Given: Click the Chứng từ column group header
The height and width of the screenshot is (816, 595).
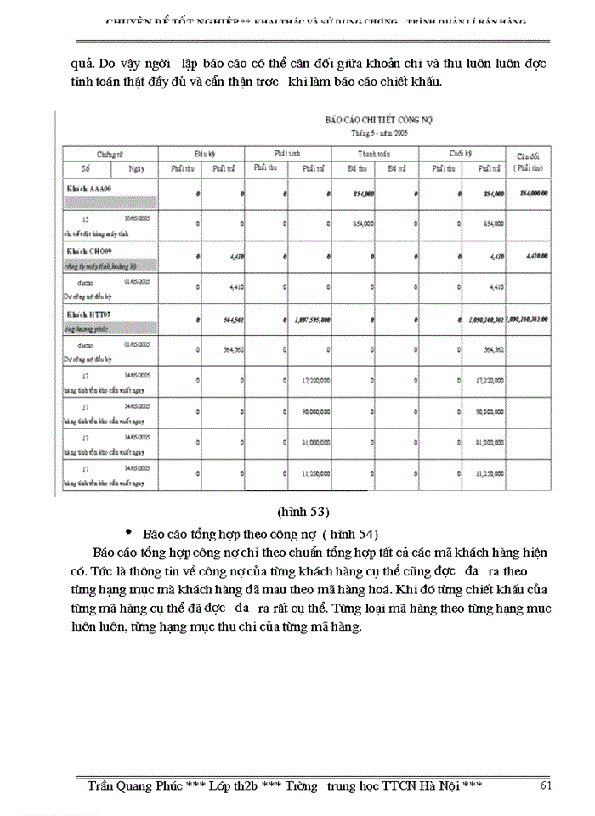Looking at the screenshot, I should [110, 154].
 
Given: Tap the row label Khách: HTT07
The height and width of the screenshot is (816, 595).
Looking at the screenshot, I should [88, 314].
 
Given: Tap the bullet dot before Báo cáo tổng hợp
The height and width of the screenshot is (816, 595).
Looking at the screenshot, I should [128, 532].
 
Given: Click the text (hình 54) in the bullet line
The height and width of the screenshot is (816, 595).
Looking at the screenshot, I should [349, 535].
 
